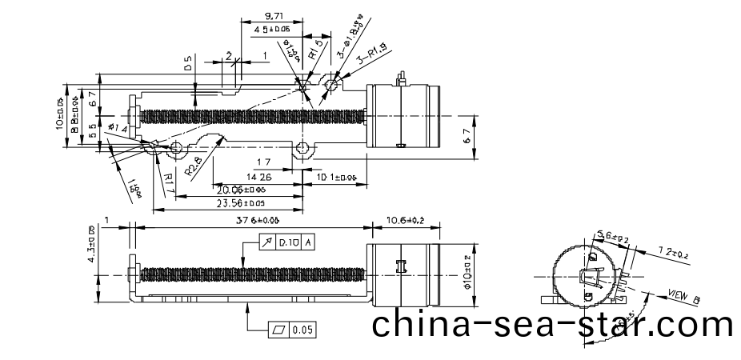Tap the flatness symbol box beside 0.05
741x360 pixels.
[x=278, y=330]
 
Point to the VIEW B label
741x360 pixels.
[x=683, y=297]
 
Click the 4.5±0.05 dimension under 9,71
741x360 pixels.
[x=272, y=30]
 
